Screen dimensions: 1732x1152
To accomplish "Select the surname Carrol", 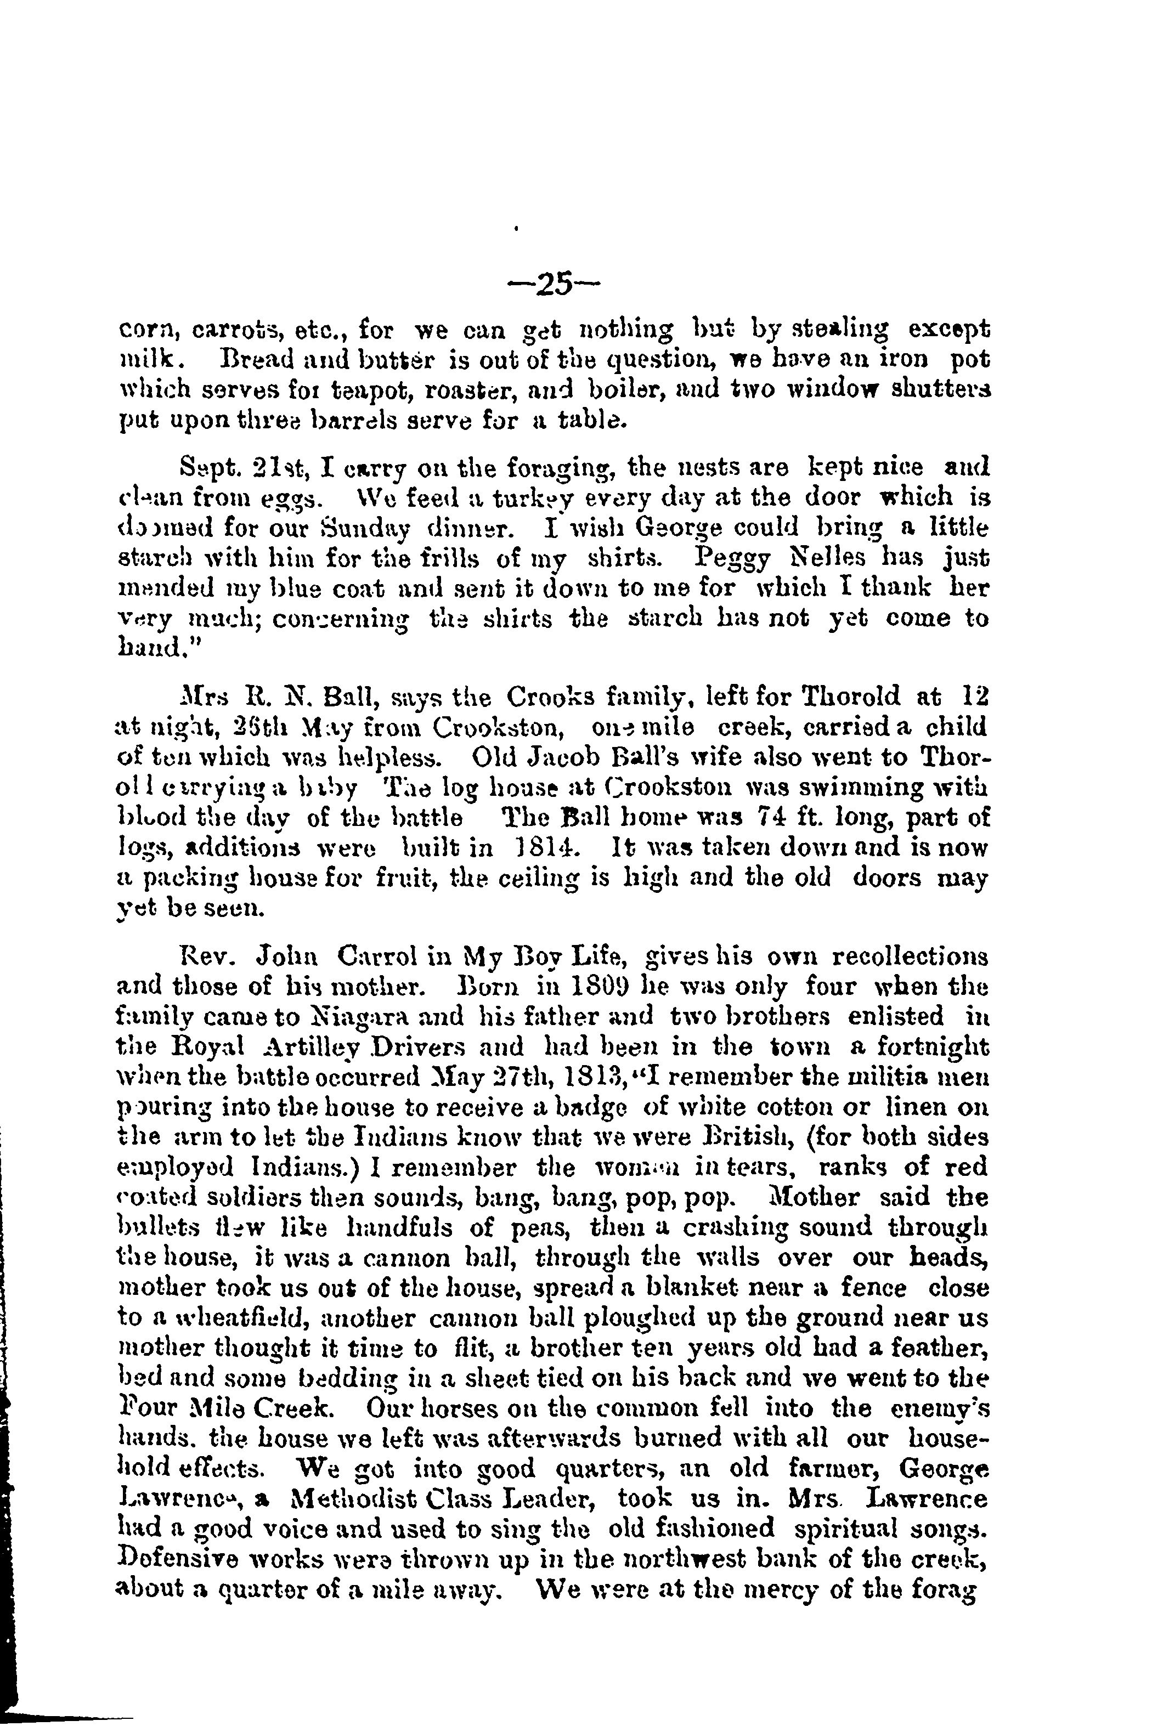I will click(379, 957).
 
